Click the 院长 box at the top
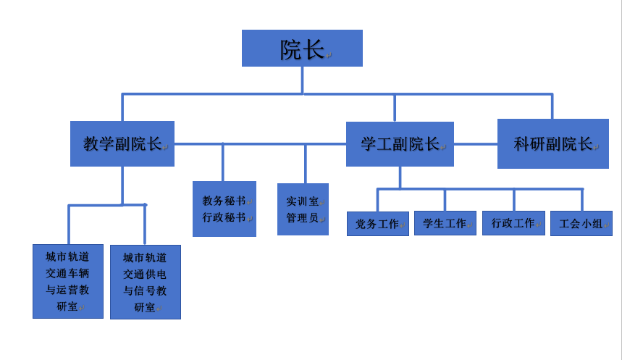click(x=302, y=48)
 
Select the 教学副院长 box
click(x=122, y=143)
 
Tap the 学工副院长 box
click(x=400, y=144)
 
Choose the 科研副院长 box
click(x=553, y=143)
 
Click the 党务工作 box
click(x=378, y=224)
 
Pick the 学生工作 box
click(x=445, y=223)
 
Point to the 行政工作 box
click(x=513, y=223)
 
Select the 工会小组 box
click(x=581, y=224)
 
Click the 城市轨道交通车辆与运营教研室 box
click(x=68, y=282)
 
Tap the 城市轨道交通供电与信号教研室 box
click(x=146, y=282)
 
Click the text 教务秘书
click(x=224, y=201)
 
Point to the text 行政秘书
click(x=224, y=217)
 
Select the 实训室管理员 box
click(x=303, y=209)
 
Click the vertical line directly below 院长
click(x=302, y=80)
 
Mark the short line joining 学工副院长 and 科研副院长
click(x=476, y=144)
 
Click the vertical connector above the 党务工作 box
click(x=378, y=200)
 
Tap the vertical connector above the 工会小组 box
click(x=582, y=200)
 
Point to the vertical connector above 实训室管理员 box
click(x=306, y=164)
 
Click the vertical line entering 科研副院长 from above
click(x=552, y=106)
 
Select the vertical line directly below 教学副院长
click(x=122, y=185)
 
